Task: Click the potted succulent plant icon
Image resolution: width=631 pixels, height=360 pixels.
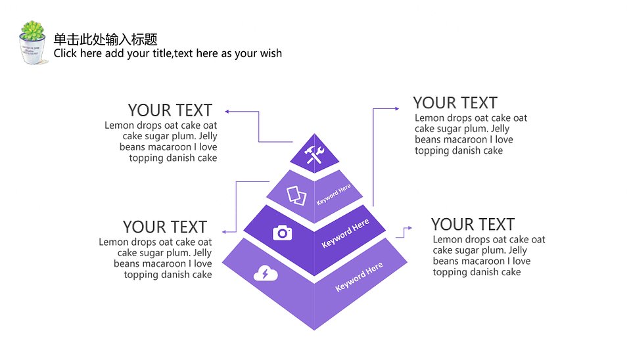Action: coord(33,42)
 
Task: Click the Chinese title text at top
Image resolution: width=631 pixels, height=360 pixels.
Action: coord(105,39)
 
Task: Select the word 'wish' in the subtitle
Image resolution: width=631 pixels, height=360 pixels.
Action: coord(270,53)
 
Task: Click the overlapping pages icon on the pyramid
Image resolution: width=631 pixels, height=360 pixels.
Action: coord(296,196)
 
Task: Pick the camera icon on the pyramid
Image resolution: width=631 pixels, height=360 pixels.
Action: coord(283,233)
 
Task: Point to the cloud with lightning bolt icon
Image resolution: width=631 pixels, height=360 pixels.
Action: coord(266,273)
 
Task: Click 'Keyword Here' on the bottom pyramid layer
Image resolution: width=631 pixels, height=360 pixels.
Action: coord(359,277)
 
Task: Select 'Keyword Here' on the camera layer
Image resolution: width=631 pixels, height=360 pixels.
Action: coord(345,233)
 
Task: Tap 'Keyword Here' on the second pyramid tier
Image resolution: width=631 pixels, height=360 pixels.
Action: coord(334,194)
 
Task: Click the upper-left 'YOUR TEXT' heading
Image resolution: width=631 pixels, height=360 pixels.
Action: coord(170,110)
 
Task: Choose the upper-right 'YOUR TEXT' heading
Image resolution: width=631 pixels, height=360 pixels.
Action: coord(455,103)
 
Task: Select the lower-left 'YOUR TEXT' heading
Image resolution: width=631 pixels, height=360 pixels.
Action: coord(165,227)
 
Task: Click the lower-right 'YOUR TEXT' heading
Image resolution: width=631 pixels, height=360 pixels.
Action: coord(473,224)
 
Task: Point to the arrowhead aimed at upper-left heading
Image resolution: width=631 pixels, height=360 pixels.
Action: coord(227,112)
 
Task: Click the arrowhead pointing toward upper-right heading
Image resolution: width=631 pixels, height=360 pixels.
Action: coord(397,108)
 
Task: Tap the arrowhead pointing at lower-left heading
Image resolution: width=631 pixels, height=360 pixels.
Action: coord(224,232)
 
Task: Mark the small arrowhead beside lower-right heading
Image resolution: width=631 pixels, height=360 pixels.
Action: coord(409,228)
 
